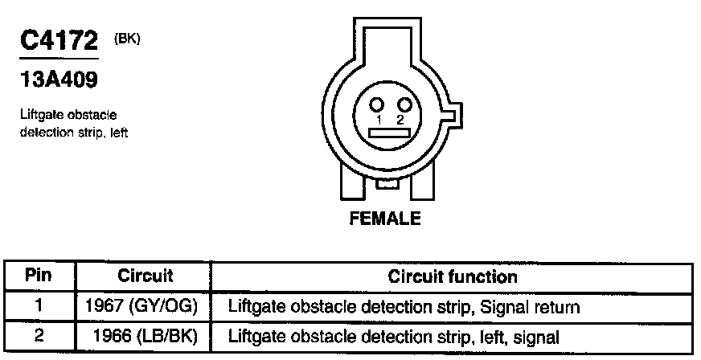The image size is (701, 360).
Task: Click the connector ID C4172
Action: click(59, 41)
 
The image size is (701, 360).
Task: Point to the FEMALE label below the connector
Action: click(384, 218)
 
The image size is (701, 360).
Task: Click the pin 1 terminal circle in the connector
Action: click(375, 104)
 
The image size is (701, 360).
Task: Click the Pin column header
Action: click(39, 276)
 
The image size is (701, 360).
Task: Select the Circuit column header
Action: click(146, 276)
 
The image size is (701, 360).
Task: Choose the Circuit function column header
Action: click(453, 276)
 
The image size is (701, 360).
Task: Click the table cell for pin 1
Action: click(39, 306)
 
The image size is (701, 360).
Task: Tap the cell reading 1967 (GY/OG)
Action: click(146, 306)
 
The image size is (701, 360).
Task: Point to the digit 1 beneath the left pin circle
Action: click(377, 119)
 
